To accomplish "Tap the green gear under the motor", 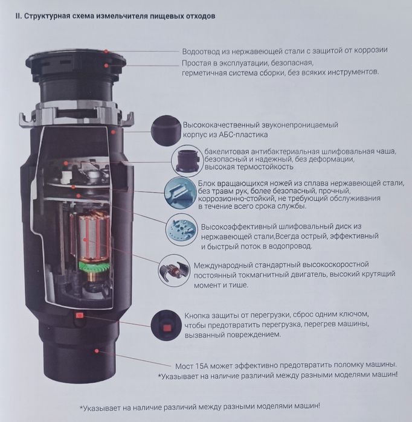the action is point(94,266).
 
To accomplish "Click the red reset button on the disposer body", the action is point(80,315).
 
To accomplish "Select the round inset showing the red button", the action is point(166,325).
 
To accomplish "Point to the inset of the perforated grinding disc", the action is point(181,230).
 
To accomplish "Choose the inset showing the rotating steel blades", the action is point(181,193).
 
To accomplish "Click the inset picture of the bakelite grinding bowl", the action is point(187,161).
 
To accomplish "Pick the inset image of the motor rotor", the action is point(174,270).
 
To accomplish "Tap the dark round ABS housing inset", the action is point(166,131).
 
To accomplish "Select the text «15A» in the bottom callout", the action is point(202,366).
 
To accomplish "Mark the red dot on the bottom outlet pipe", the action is point(97,351).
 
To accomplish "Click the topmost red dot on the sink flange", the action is point(106,51).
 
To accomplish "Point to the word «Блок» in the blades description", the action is point(207,184).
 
